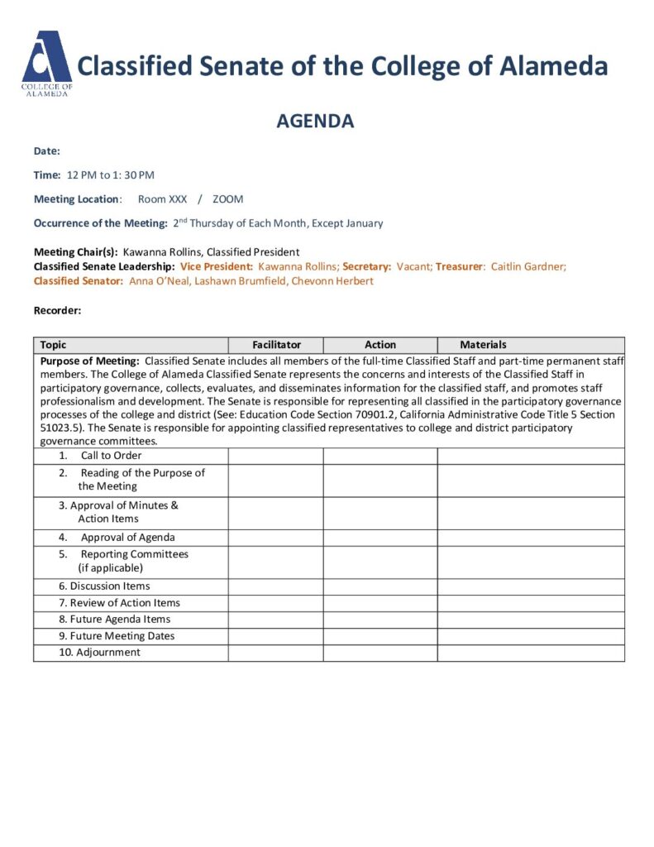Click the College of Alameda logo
click(46, 64)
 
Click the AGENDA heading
click(315, 122)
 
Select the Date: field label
click(47, 151)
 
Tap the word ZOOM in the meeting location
click(227, 199)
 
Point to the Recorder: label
click(57, 310)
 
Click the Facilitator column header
click(276, 345)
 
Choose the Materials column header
click(483, 345)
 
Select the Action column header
click(380, 345)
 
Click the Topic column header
click(54, 345)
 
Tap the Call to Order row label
click(111, 456)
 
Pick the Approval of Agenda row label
click(127, 538)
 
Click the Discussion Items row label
click(109, 586)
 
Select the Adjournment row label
click(107, 653)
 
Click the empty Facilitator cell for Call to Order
click(275, 456)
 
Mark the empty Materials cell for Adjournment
click(530, 653)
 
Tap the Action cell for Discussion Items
click(380, 586)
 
